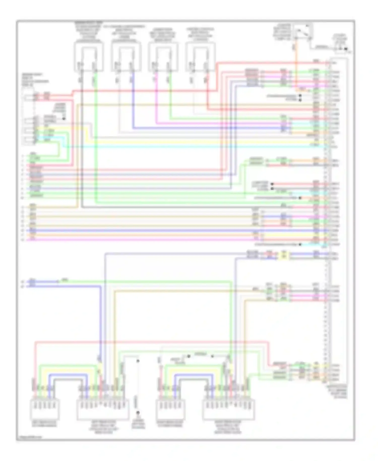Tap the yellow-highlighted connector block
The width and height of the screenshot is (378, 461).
[284, 255]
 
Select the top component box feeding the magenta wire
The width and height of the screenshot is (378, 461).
[163, 57]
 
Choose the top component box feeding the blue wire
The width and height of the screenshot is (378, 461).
[126, 57]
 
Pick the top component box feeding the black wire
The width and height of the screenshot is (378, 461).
[89, 57]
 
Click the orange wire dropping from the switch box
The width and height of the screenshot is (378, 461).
[296, 66]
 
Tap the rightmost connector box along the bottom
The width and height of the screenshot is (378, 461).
[229, 410]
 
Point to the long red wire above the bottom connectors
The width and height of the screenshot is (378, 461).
[151, 342]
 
